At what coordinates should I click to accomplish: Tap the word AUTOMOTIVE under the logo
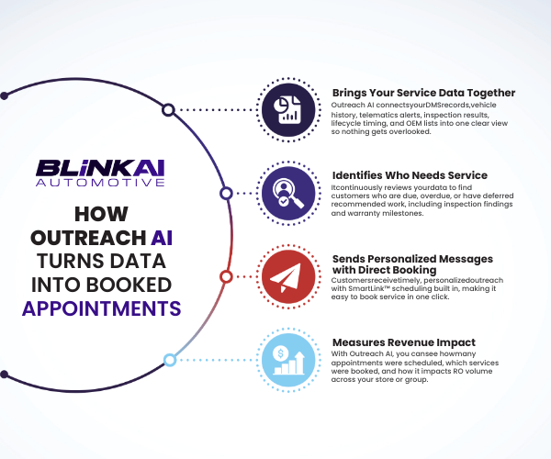(100, 184)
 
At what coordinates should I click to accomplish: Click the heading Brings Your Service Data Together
(423, 93)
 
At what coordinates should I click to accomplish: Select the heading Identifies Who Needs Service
(410, 174)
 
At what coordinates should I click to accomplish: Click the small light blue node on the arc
(169, 359)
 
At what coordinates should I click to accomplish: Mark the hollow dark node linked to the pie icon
(168, 110)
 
